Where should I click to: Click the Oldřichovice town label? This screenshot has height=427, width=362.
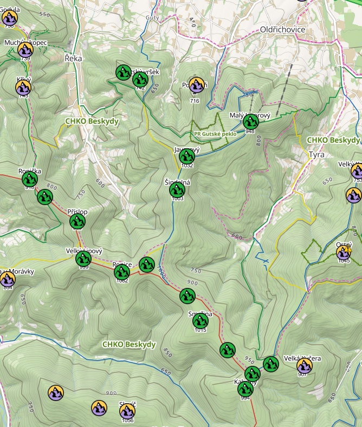coord(282,29)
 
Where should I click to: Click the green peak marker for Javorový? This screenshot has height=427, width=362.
coord(187,156)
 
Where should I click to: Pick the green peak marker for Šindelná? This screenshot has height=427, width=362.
coord(177,190)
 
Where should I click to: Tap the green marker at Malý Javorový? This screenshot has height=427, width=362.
coord(250,121)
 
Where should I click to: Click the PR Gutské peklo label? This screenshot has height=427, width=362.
coord(214,134)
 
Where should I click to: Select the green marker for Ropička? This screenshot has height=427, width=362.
coord(29,179)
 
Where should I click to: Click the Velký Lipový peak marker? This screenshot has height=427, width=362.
coord(83,259)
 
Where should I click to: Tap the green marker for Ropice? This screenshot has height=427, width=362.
coord(122,272)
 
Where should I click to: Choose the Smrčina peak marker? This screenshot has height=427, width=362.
coord(200,321)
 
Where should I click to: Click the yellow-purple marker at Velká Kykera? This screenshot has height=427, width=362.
coord(305,366)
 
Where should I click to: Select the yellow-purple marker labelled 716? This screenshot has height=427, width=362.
coord(196,85)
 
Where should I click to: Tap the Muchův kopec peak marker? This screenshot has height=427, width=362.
coord(25,49)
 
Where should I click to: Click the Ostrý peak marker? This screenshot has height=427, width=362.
coord(344,252)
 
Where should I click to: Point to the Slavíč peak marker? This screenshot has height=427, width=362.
coord(127,411)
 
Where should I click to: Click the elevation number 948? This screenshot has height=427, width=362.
coord(250,131)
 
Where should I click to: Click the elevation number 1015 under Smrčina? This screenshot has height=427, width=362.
coord(200,330)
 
